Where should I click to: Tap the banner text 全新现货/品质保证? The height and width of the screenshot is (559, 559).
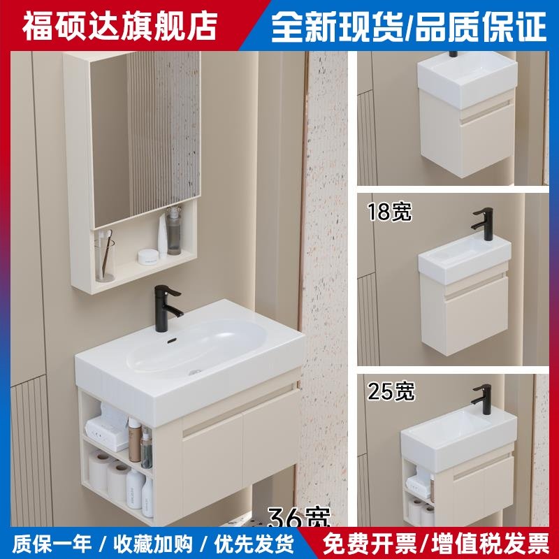pyautogui.click(x=409, y=26)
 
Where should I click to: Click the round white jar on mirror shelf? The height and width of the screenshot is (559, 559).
pyautogui.click(x=148, y=256)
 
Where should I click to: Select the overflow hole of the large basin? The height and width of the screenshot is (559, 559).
pyautogui.click(x=171, y=342)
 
